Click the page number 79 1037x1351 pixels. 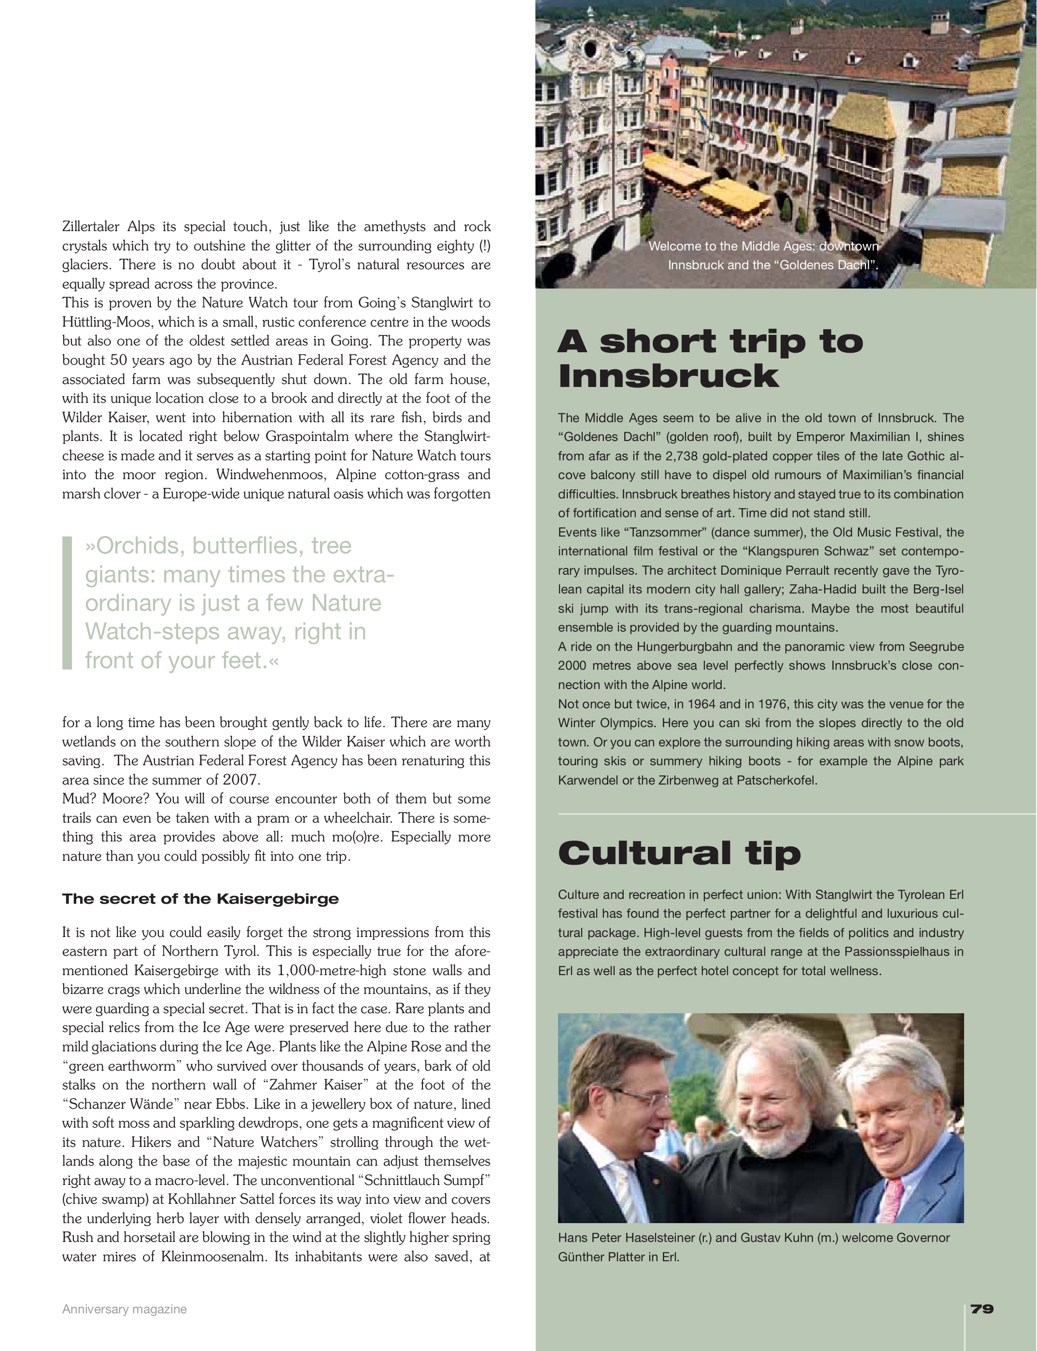click(x=982, y=1309)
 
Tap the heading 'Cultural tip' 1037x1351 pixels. click(x=679, y=854)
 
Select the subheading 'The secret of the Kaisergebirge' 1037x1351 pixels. click(x=201, y=899)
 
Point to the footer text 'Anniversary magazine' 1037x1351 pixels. click(x=124, y=1309)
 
